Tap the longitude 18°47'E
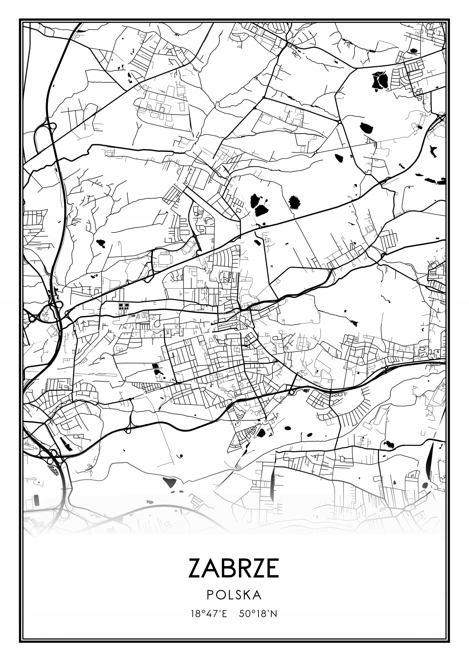point(209,614)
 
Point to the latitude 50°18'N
point(258,614)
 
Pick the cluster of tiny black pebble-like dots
point(53,470)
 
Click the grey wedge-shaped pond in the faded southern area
point(170,481)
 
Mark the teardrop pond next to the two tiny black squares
point(338,158)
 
